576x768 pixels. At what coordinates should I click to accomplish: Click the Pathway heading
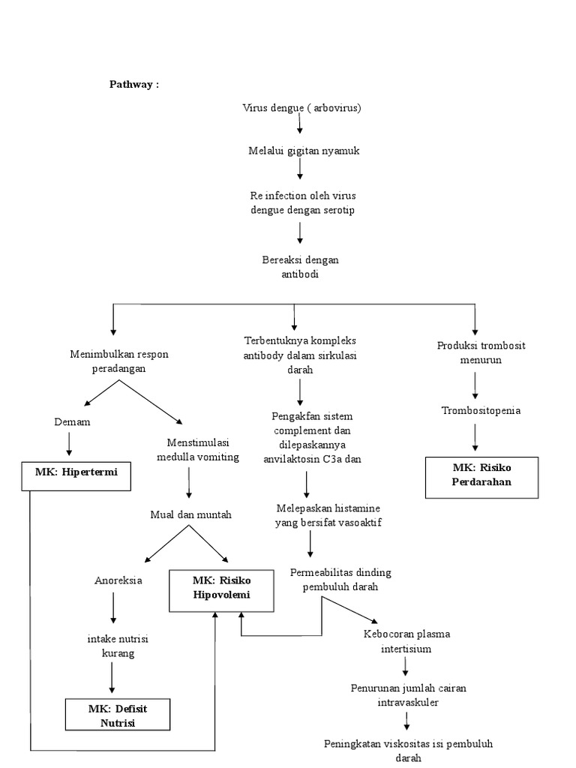[x=134, y=85]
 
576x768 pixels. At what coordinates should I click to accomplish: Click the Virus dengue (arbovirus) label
[x=301, y=108]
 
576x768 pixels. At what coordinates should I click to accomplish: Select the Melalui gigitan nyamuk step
[x=304, y=151]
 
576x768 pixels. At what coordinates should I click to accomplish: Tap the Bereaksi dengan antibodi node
[x=300, y=267]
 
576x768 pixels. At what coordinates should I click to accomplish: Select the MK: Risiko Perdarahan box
[x=481, y=475]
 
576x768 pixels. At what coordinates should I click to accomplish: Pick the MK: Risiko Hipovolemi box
[x=220, y=588]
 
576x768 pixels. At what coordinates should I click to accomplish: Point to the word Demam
[x=73, y=422]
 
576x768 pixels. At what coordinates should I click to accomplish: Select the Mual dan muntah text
[x=190, y=514]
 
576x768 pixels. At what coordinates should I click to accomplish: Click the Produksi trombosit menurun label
[x=472, y=352]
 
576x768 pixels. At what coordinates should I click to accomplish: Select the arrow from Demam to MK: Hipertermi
[x=70, y=444]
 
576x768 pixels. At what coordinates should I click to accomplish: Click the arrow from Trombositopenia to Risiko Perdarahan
[x=475, y=436]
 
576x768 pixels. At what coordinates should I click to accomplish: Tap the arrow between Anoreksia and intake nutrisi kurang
[x=113, y=607]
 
